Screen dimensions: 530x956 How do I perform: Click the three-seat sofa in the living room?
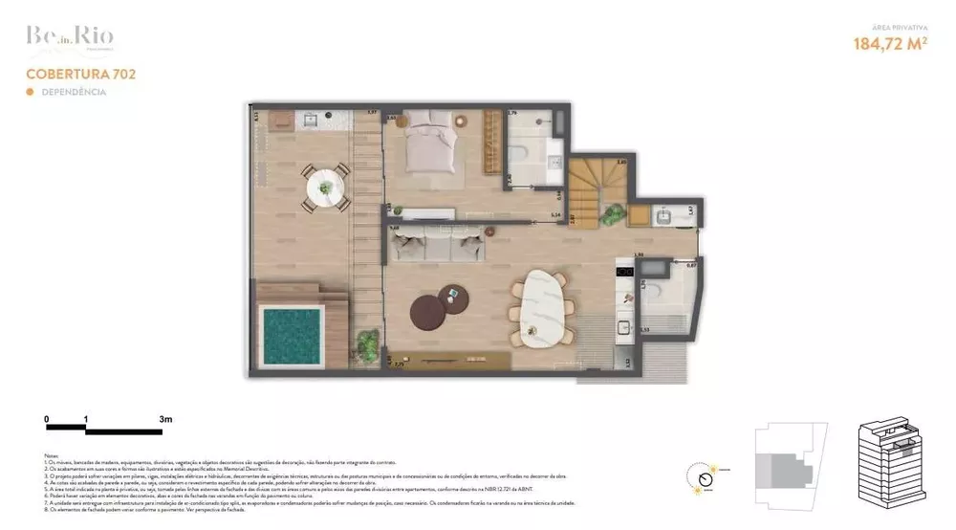click(x=434, y=244)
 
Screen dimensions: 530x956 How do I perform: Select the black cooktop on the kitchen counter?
click(x=626, y=272)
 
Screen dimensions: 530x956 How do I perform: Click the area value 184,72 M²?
click(x=890, y=43)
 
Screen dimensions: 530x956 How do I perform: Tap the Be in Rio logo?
click(x=70, y=37)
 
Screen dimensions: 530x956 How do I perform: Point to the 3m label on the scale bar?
click(x=165, y=419)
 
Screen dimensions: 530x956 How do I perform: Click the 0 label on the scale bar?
click(x=47, y=419)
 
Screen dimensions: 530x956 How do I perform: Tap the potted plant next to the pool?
click(x=366, y=342)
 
